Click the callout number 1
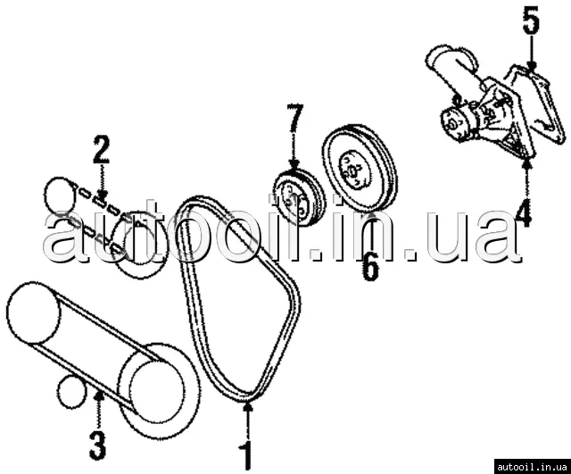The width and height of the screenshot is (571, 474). tap(248, 454)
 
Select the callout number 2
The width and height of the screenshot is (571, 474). tap(101, 149)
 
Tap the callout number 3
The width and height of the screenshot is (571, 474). tap(97, 445)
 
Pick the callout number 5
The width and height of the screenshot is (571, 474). tap(531, 20)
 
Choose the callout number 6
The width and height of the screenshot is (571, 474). tap(370, 267)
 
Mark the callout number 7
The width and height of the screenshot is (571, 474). tap(294, 117)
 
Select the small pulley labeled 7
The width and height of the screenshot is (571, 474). tap(299, 198)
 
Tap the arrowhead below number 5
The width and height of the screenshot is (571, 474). tap(532, 65)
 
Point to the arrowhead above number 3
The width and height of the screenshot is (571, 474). tap(98, 395)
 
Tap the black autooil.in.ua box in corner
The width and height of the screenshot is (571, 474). tap(533, 467)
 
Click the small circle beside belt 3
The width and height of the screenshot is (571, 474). tap(71, 393)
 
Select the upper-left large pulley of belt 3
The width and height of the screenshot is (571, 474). tap(34, 312)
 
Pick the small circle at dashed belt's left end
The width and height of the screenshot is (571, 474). tap(59, 195)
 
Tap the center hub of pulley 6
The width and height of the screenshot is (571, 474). tap(352, 170)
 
